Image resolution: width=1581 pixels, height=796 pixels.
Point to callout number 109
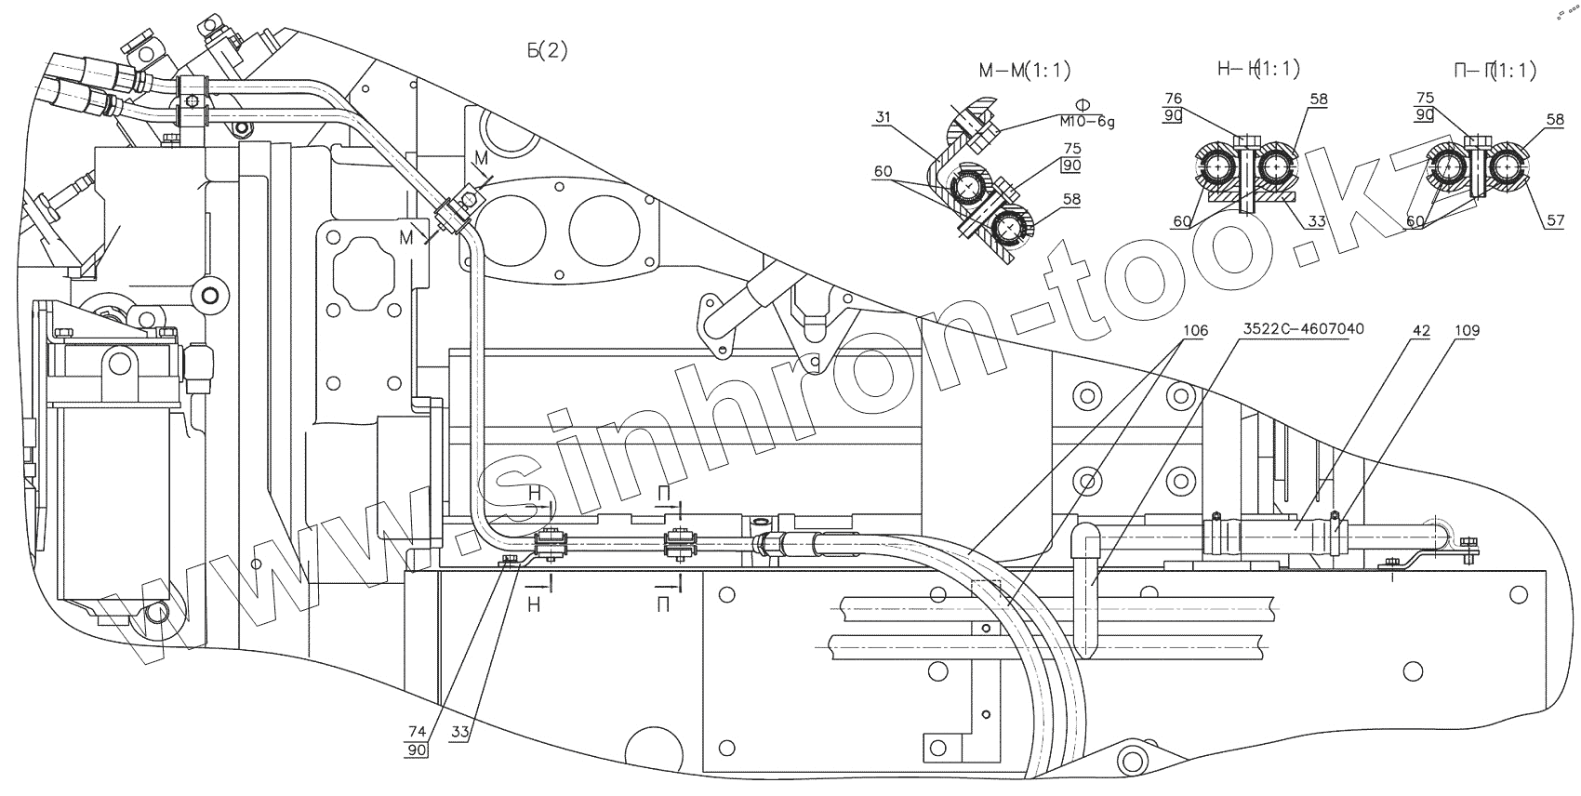pos(1468,330)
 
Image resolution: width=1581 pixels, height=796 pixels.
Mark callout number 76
pos(1173,99)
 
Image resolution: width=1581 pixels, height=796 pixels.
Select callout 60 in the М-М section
pos(883,172)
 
